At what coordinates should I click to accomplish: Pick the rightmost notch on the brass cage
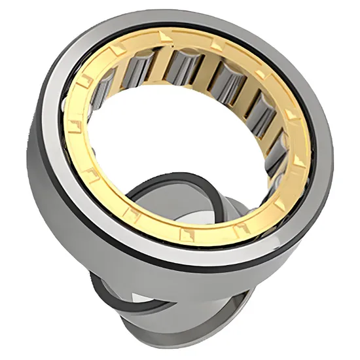pyautogui.click(x=299, y=160)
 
